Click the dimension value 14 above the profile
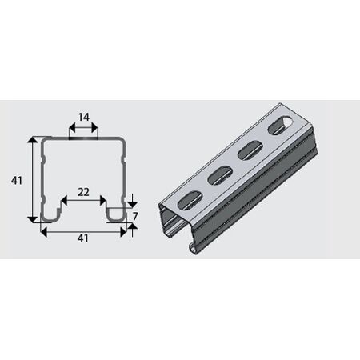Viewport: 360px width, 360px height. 84,117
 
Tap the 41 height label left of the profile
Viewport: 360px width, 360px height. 17,181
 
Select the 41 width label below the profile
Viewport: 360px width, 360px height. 83,238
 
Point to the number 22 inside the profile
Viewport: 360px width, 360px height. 83,192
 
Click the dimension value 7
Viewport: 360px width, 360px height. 135,217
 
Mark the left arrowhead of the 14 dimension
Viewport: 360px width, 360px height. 73,128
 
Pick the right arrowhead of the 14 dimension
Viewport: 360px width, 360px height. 94,128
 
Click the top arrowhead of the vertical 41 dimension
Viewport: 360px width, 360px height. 33,140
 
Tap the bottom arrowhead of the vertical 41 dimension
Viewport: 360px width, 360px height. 33,219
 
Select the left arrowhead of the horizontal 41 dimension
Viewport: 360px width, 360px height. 44,232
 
